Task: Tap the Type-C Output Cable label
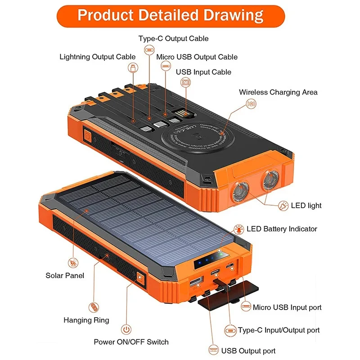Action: [x=173, y=39]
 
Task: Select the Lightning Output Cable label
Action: [x=97, y=57]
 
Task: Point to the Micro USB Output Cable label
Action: [x=197, y=57]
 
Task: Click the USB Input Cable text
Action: [x=203, y=72]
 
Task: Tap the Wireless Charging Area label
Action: [x=278, y=92]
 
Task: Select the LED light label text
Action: [x=306, y=206]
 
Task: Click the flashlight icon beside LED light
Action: [x=283, y=206]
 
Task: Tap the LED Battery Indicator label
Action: [x=282, y=229]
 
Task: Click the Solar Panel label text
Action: [x=65, y=275]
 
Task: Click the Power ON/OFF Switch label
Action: [x=131, y=342]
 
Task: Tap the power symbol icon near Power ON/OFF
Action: [x=127, y=330]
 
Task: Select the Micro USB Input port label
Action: [x=287, y=307]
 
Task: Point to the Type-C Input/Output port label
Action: [x=279, y=330]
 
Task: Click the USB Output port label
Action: [x=248, y=351]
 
